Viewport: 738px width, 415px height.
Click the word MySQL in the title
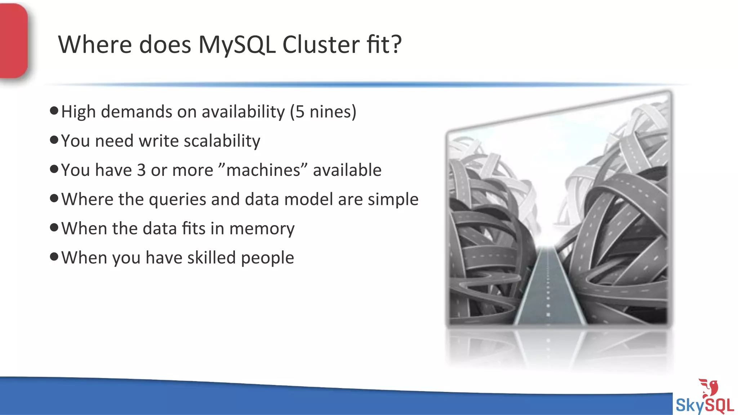[x=237, y=45]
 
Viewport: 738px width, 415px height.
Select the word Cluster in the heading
[x=321, y=45]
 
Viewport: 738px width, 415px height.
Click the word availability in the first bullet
[x=243, y=112]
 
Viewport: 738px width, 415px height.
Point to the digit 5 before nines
[x=300, y=112]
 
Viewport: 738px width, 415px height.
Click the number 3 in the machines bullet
[x=141, y=170]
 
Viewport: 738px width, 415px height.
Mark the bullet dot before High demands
[x=54, y=111]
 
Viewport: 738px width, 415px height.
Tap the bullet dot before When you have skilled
[x=54, y=256]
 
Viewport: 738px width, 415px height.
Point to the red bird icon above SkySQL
[x=709, y=388]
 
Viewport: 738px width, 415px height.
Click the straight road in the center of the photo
[x=548, y=288]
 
